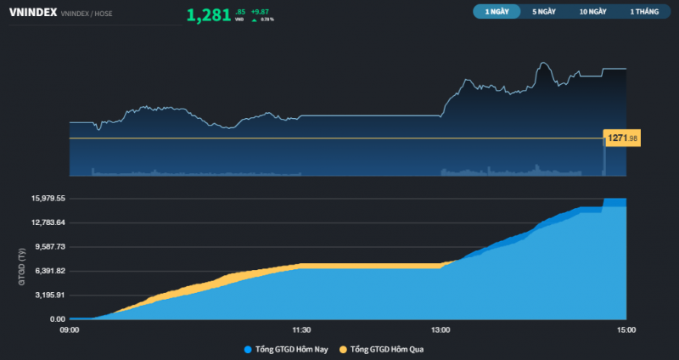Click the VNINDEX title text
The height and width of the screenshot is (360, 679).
32,13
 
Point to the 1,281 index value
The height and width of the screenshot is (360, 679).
208,14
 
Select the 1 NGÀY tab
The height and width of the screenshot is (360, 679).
497,12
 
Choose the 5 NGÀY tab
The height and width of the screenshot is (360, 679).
544,12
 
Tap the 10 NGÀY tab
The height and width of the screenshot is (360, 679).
593,12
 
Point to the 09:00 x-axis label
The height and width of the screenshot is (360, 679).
70,330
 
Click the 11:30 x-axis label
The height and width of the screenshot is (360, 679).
301,330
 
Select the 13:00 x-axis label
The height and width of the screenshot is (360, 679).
441,330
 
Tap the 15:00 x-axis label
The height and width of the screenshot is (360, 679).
626,330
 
